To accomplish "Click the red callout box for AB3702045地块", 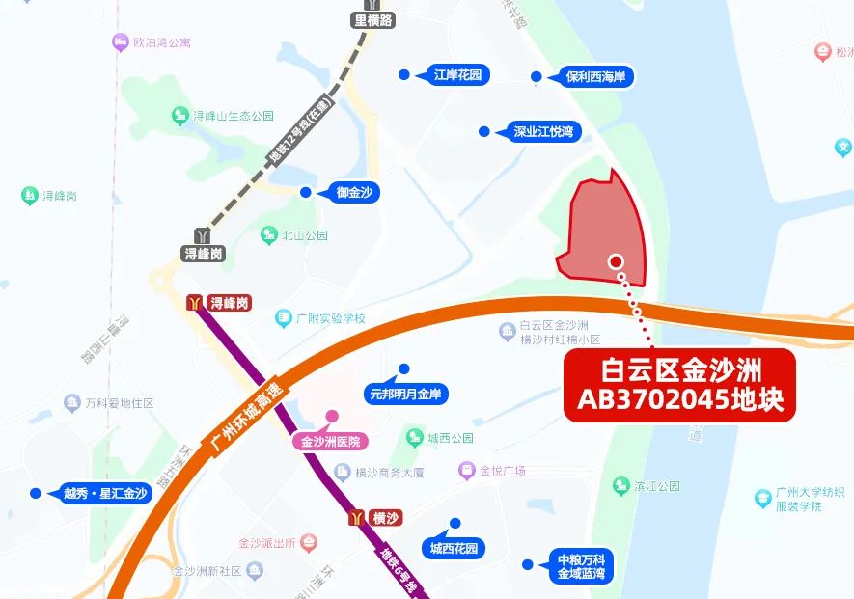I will tap(679, 385).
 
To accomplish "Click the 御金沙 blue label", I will tap(354, 193).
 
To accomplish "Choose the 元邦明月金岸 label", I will tap(406, 393).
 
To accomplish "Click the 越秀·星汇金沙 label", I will tap(105, 493).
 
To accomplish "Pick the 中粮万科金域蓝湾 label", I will tap(581, 566).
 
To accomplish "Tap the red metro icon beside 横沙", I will tap(359, 518).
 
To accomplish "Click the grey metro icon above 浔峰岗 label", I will tap(203, 235).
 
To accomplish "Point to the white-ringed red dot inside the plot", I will tap(616, 260).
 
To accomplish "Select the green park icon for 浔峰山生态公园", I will tap(179, 116).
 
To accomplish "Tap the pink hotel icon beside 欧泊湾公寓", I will tap(120, 42).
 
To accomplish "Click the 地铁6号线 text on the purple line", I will tap(399, 571).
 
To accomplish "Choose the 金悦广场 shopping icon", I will tap(468, 471).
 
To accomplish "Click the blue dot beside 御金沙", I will tap(306, 193).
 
